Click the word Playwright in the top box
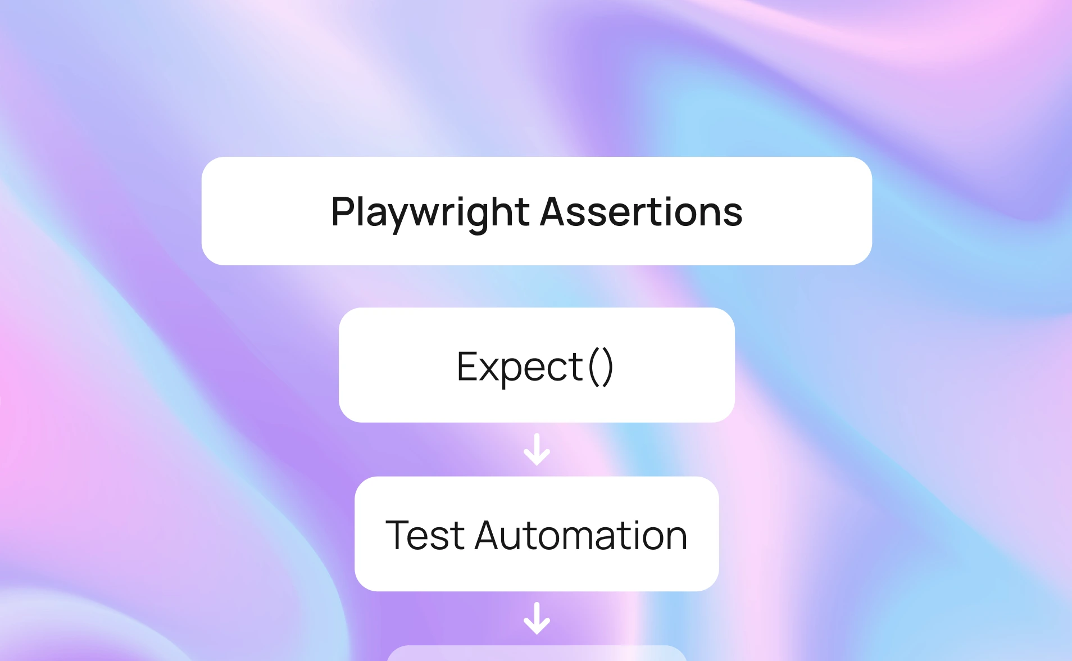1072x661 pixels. pyautogui.click(x=430, y=213)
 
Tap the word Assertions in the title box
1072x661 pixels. pyautogui.click(x=642, y=212)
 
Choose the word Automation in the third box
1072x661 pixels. pyautogui.click(x=581, y=535)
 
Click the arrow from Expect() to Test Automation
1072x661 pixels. pyautogui.click(x=537, y=449)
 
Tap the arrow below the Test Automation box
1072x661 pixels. pyautogui.click(x=537, y=618)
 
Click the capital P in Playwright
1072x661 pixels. pyautogui.click(x=342, y=211)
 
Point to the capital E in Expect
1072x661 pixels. pyautogui.click(x=468, y=366)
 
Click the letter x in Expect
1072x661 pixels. pyautogui.click(x=490, y=371)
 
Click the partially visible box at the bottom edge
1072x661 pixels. pyautogui.click(x=537, y=653)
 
